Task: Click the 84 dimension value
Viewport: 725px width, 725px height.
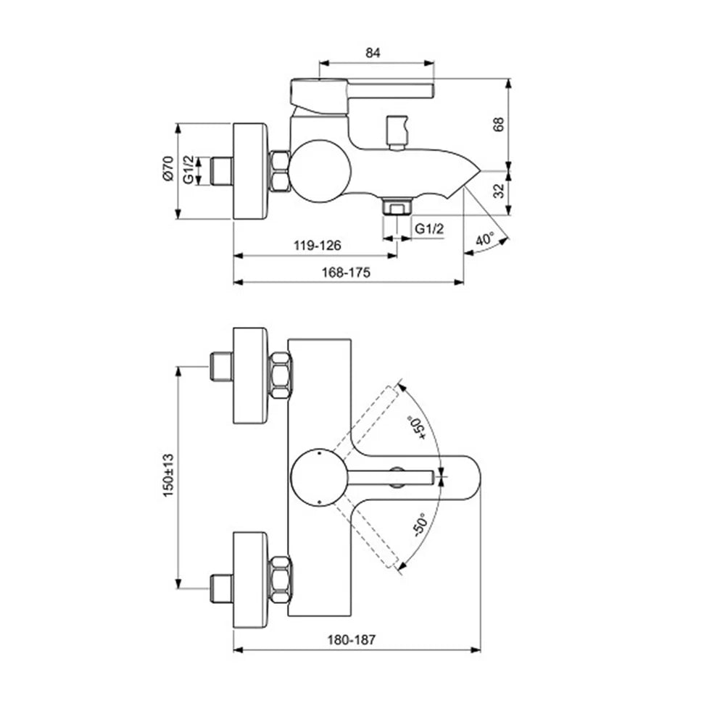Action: pos(373,53)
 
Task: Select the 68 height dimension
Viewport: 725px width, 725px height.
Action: pos(499,125)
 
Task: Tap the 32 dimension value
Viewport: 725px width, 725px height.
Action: pos(499,191)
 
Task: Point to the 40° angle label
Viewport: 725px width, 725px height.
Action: pos(485,239)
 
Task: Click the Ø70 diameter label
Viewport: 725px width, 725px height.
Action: pos(168,168)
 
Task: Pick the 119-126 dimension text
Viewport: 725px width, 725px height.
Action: pos(318,245)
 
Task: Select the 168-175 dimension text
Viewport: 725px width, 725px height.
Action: pos(346,273)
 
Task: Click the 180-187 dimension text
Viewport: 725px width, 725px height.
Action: pos(352,640)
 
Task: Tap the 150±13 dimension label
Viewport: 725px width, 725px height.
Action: pos(168,476)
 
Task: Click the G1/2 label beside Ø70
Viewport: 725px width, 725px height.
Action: pos(188,170)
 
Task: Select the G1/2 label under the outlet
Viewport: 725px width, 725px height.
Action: pos(429,228)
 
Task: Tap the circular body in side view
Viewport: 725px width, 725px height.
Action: pos(320,171)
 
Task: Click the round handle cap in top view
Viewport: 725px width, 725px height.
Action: pos(318,478)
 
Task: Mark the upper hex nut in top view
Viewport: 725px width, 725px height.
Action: pos(280,376)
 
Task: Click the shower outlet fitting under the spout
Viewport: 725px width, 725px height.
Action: pos(397,206)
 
